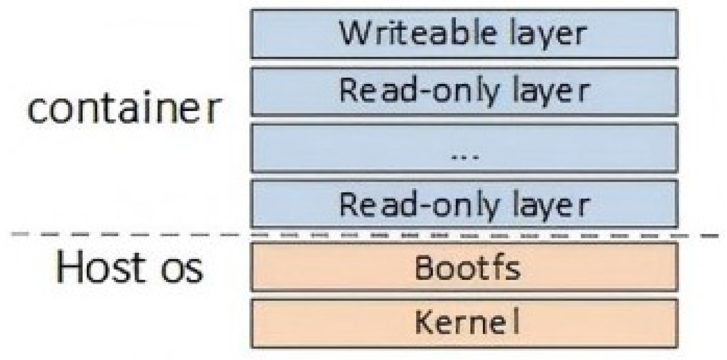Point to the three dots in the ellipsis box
pyautogui.click(x=465, y=157)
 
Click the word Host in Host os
pyautogui.click(x=100, y=267)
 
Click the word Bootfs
pyautogui.click(x=467, y=268)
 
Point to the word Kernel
pyautogui.click(x=467, y=322)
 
